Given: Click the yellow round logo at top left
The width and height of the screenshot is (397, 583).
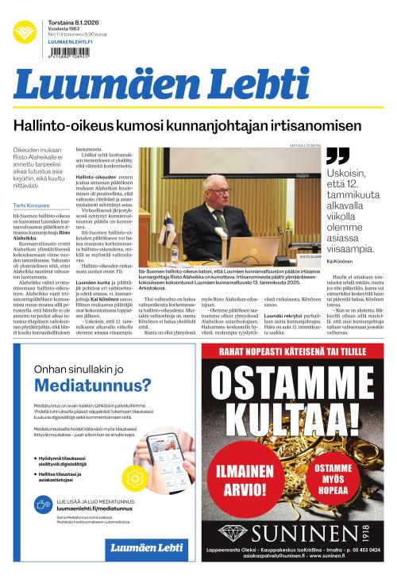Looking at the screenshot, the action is (25, 31).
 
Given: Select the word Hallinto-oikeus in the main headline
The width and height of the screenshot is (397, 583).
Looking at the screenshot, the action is (70, 126).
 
